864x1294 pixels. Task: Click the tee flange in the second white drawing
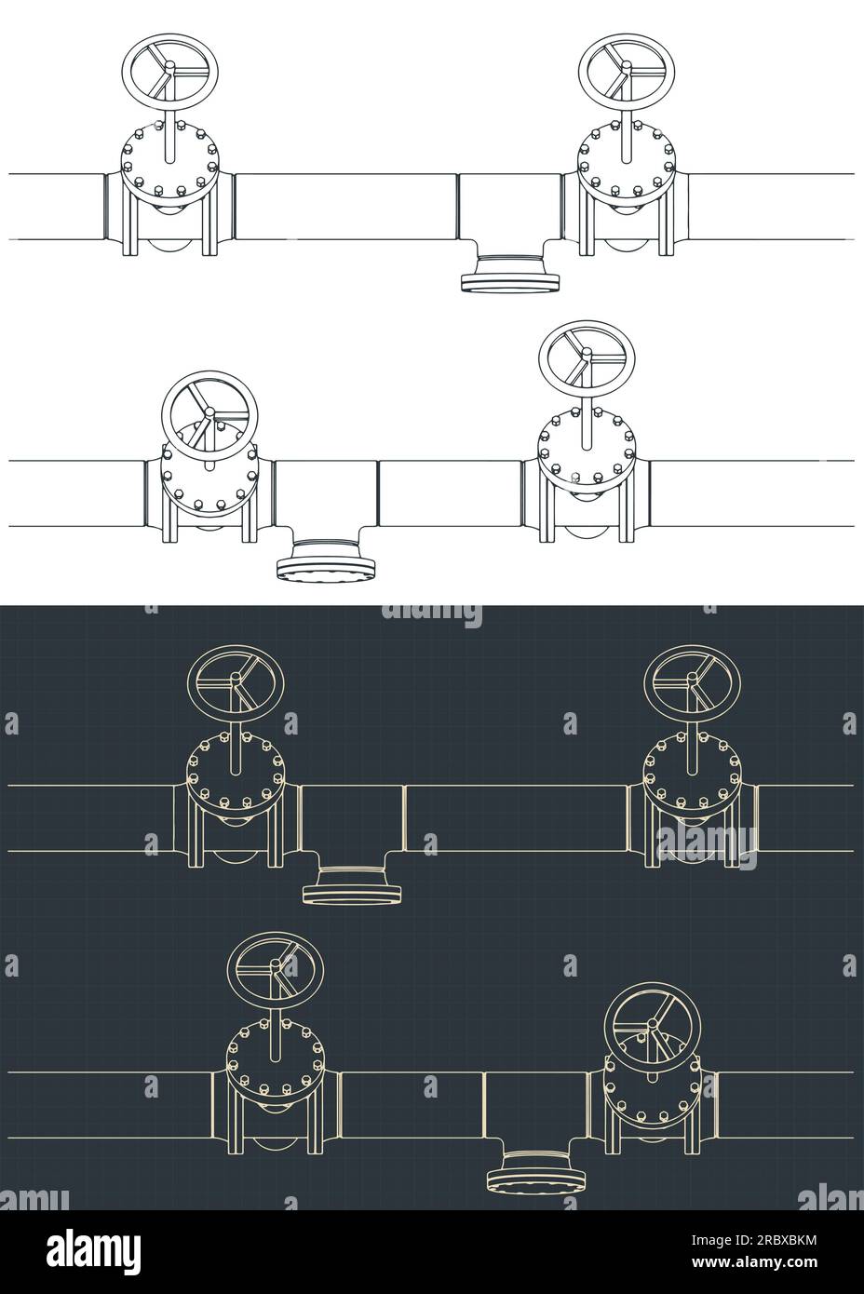point(326,566)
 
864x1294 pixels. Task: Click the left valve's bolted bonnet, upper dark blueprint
point(236,775)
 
